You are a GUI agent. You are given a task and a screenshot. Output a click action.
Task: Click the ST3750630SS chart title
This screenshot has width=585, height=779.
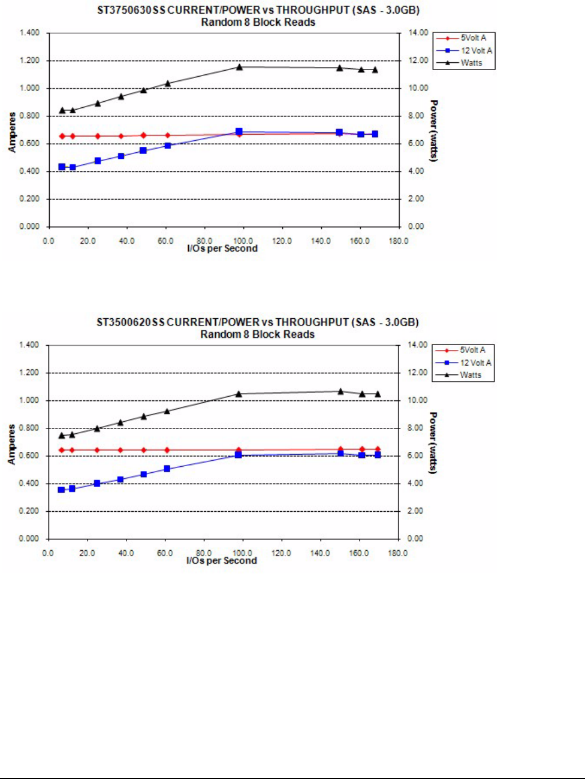tap(258, 11)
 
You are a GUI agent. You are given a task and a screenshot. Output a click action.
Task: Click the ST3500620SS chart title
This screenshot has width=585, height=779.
tap(258, 322)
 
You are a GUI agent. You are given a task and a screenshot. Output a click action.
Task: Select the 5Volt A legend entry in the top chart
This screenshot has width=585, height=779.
tap(473, 38)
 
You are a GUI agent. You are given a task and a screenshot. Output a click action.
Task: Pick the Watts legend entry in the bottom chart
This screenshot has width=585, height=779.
tap(470, 375)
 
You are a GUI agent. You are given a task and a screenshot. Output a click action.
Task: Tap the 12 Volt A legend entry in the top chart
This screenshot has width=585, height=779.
tap(476, 50)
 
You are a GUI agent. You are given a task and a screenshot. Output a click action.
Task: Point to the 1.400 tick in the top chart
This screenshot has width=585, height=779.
tap(29, 33)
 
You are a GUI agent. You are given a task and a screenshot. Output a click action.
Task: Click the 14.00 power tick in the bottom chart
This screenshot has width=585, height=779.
tap(418, 345)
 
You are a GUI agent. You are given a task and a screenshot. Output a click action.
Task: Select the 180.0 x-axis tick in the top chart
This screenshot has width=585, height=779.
tap(399, 241)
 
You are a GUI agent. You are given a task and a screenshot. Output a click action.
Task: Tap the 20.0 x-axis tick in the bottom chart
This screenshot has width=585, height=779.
tap(88, 553)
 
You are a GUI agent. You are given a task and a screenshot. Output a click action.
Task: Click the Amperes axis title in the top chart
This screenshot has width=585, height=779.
tap(12, 132)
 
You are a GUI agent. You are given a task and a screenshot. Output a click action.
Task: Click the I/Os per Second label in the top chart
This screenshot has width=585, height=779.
tap(222, 249)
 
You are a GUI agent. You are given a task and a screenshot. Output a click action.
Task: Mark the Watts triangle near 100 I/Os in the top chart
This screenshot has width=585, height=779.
tap(239, 67)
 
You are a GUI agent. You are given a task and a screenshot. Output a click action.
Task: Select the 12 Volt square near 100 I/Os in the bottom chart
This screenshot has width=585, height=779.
tap(238, 455)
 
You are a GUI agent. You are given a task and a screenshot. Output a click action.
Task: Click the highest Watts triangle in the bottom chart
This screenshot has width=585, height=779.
tap(340, 391)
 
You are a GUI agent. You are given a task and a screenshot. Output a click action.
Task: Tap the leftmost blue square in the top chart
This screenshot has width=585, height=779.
tap(62, 167)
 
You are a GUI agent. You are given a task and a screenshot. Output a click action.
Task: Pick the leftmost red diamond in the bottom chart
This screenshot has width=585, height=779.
tap(61, 450)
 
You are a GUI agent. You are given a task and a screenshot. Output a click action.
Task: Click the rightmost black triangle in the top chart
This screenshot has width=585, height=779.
tap(375, 70)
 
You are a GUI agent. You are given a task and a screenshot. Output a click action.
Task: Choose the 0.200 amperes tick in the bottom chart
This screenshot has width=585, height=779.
tap(29, 511)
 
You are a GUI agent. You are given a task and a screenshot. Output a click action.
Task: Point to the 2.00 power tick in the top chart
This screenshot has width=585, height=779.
tap(417, 199)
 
